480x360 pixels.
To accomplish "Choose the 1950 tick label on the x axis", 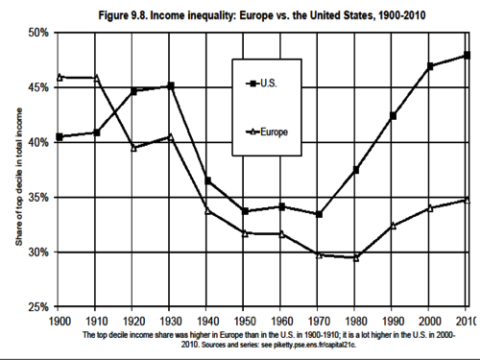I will click(x=247, y=319).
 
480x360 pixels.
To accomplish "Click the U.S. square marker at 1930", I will click(x=170, y=85).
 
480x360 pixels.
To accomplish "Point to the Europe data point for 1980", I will click(x=356, y=257).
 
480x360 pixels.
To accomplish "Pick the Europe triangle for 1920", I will click(x=133, y=148).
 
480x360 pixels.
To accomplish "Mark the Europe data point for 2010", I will click(x=468, y=199).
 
